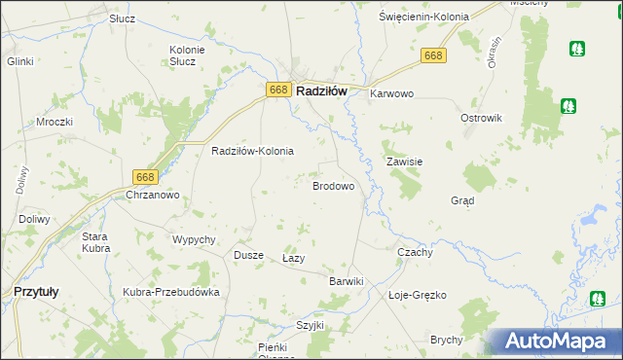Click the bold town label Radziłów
point(321,90)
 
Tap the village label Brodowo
point(332,185)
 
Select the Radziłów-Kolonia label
point(253,152)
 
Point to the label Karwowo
point(392,94)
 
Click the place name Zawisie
point(404,162)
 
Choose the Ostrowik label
point(481,118)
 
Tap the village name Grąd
point(462,200)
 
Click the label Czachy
point(416,251)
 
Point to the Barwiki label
point(346,281)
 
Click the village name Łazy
point(294,259)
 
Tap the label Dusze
point(248,255)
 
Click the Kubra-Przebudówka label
point(171,292)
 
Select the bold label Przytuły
point(36,290)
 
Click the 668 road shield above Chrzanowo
point(145,176)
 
